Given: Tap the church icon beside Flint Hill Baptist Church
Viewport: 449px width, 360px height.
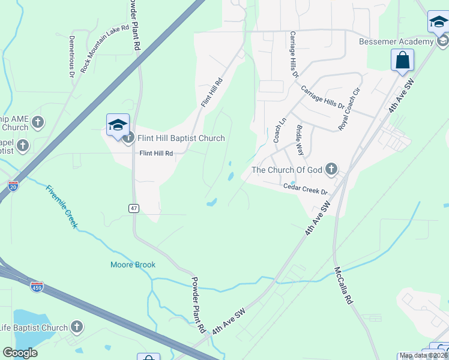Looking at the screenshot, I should tap(128, 139).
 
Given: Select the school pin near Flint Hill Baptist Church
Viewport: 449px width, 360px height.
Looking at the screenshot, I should tap(118, 125).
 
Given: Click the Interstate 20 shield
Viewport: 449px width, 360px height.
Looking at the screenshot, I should tap(13, 187).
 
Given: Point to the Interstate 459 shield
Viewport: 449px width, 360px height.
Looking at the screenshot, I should tap(37, 286).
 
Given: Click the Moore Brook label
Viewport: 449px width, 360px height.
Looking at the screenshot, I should tap(133, 265).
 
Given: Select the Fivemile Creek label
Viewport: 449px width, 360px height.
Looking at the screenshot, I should tap(61, 206).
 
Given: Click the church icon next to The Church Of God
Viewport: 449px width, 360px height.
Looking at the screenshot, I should tap(331, 170).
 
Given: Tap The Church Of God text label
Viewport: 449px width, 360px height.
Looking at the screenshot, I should tap(287, 170).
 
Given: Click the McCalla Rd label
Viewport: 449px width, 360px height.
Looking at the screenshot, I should tap(343, 286).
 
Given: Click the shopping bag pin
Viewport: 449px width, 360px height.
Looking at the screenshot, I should tap(402, 60).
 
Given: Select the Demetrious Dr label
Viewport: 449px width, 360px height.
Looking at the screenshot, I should tap(71, 56).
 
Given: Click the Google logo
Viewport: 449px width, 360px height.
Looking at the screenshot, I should tap(20, 353).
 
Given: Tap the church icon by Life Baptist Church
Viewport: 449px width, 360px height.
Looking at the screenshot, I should tap(76, 328).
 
